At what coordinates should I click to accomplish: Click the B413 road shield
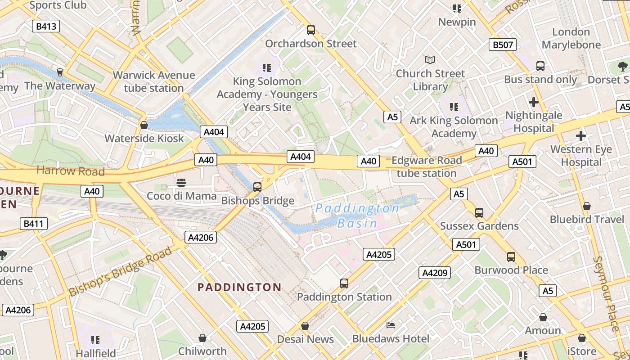(46, 26)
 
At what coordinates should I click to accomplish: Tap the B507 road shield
(502, 45)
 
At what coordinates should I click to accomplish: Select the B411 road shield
(34, 223)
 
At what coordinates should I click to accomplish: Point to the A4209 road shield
(434, 272)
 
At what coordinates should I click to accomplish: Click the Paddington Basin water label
(357, 216)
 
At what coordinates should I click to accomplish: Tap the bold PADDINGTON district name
(239, 287)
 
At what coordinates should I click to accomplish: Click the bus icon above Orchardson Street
(310, 30)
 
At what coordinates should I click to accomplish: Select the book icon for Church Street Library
(430, 60)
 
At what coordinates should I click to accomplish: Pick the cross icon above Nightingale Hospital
(534, 102)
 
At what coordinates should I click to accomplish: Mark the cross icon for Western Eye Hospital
(581, 135)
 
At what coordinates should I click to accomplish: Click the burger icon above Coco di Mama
(181, 182)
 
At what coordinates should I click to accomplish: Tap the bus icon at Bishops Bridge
(257, 187)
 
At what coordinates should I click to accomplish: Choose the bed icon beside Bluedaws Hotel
(391, 325)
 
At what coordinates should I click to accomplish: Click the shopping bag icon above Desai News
(305, 325)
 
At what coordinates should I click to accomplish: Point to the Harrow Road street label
(70, 171)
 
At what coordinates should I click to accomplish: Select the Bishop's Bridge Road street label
(120, 271)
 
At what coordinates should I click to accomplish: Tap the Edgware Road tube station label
(426, 166)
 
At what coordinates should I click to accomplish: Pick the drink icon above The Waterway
(59, 72)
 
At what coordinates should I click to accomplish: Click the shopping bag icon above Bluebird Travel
(586, 206)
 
